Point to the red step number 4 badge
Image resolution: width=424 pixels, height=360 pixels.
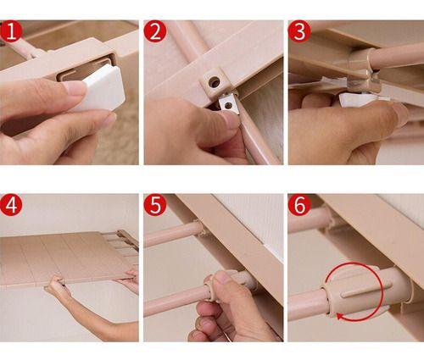[11, 206]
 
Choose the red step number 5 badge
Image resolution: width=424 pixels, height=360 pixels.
[155, 206]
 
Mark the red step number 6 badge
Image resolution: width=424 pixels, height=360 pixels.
[299, 206]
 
